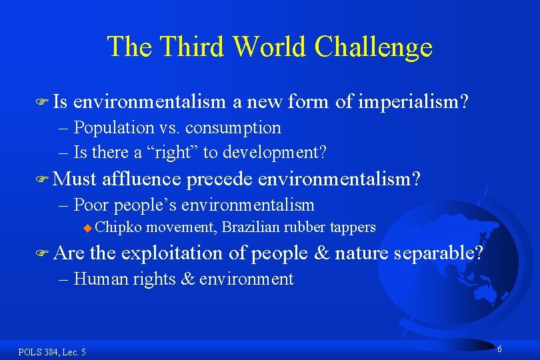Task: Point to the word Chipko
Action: [118, 227]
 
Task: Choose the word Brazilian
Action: [251, 227]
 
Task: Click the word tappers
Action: [352, 227]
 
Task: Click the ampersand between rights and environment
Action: [187, 279]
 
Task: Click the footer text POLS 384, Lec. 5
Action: [52, 351]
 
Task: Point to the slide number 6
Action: [499, 349]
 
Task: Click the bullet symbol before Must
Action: [43, 179]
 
